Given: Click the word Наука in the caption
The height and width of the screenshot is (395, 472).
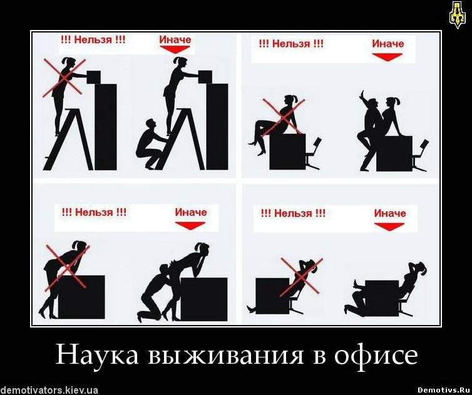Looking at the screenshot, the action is point(97,355).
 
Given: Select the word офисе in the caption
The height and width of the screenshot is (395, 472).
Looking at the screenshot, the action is point(377,355).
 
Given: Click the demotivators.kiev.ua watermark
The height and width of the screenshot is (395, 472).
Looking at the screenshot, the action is point(49,390).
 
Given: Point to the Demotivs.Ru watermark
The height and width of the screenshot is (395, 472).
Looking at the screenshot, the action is point(443,390).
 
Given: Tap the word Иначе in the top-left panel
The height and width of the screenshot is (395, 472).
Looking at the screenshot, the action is point(175,39).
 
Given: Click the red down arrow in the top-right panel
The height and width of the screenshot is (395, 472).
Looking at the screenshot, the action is point(387,57).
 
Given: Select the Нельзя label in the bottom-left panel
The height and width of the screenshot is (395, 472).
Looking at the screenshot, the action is point(94,212).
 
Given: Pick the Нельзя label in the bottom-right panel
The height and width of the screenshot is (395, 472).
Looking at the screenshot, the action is point(293,213).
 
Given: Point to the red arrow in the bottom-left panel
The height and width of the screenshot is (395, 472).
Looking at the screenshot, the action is point(190,226).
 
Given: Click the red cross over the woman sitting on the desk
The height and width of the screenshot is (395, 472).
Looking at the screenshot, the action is point(284,117).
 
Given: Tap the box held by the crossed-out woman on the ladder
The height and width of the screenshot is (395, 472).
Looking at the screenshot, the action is point(93,77).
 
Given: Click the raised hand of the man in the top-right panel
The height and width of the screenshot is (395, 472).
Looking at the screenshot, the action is point(362,95).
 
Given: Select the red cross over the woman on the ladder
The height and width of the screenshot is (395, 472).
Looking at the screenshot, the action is point(64,78).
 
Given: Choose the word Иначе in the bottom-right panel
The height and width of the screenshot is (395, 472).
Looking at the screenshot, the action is point(390,213).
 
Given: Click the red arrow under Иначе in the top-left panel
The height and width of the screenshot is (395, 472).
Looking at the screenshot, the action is point(175,49).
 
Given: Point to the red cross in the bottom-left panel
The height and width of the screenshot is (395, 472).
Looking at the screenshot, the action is point(68,267).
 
